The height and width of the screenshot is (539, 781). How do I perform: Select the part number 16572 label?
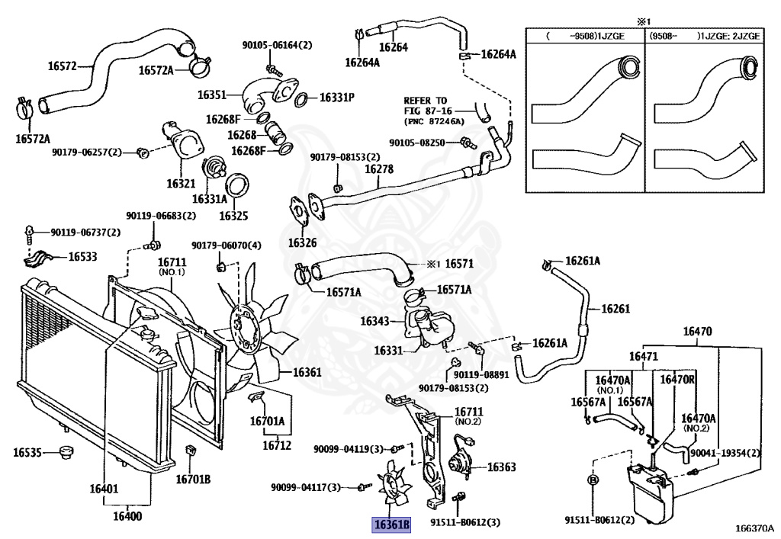coord(63,66)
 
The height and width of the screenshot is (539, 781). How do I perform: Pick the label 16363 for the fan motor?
coord(501,467)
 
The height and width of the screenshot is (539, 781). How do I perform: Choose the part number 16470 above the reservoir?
coord(696,332)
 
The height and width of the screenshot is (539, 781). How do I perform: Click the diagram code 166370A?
coord(754,528)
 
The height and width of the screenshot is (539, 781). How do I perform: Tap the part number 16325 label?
coord(233,216)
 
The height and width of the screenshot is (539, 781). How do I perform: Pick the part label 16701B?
coord(193,479)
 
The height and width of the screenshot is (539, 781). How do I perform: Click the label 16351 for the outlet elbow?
coord(212,95)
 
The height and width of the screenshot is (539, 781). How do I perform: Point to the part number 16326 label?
coord(302,243)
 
